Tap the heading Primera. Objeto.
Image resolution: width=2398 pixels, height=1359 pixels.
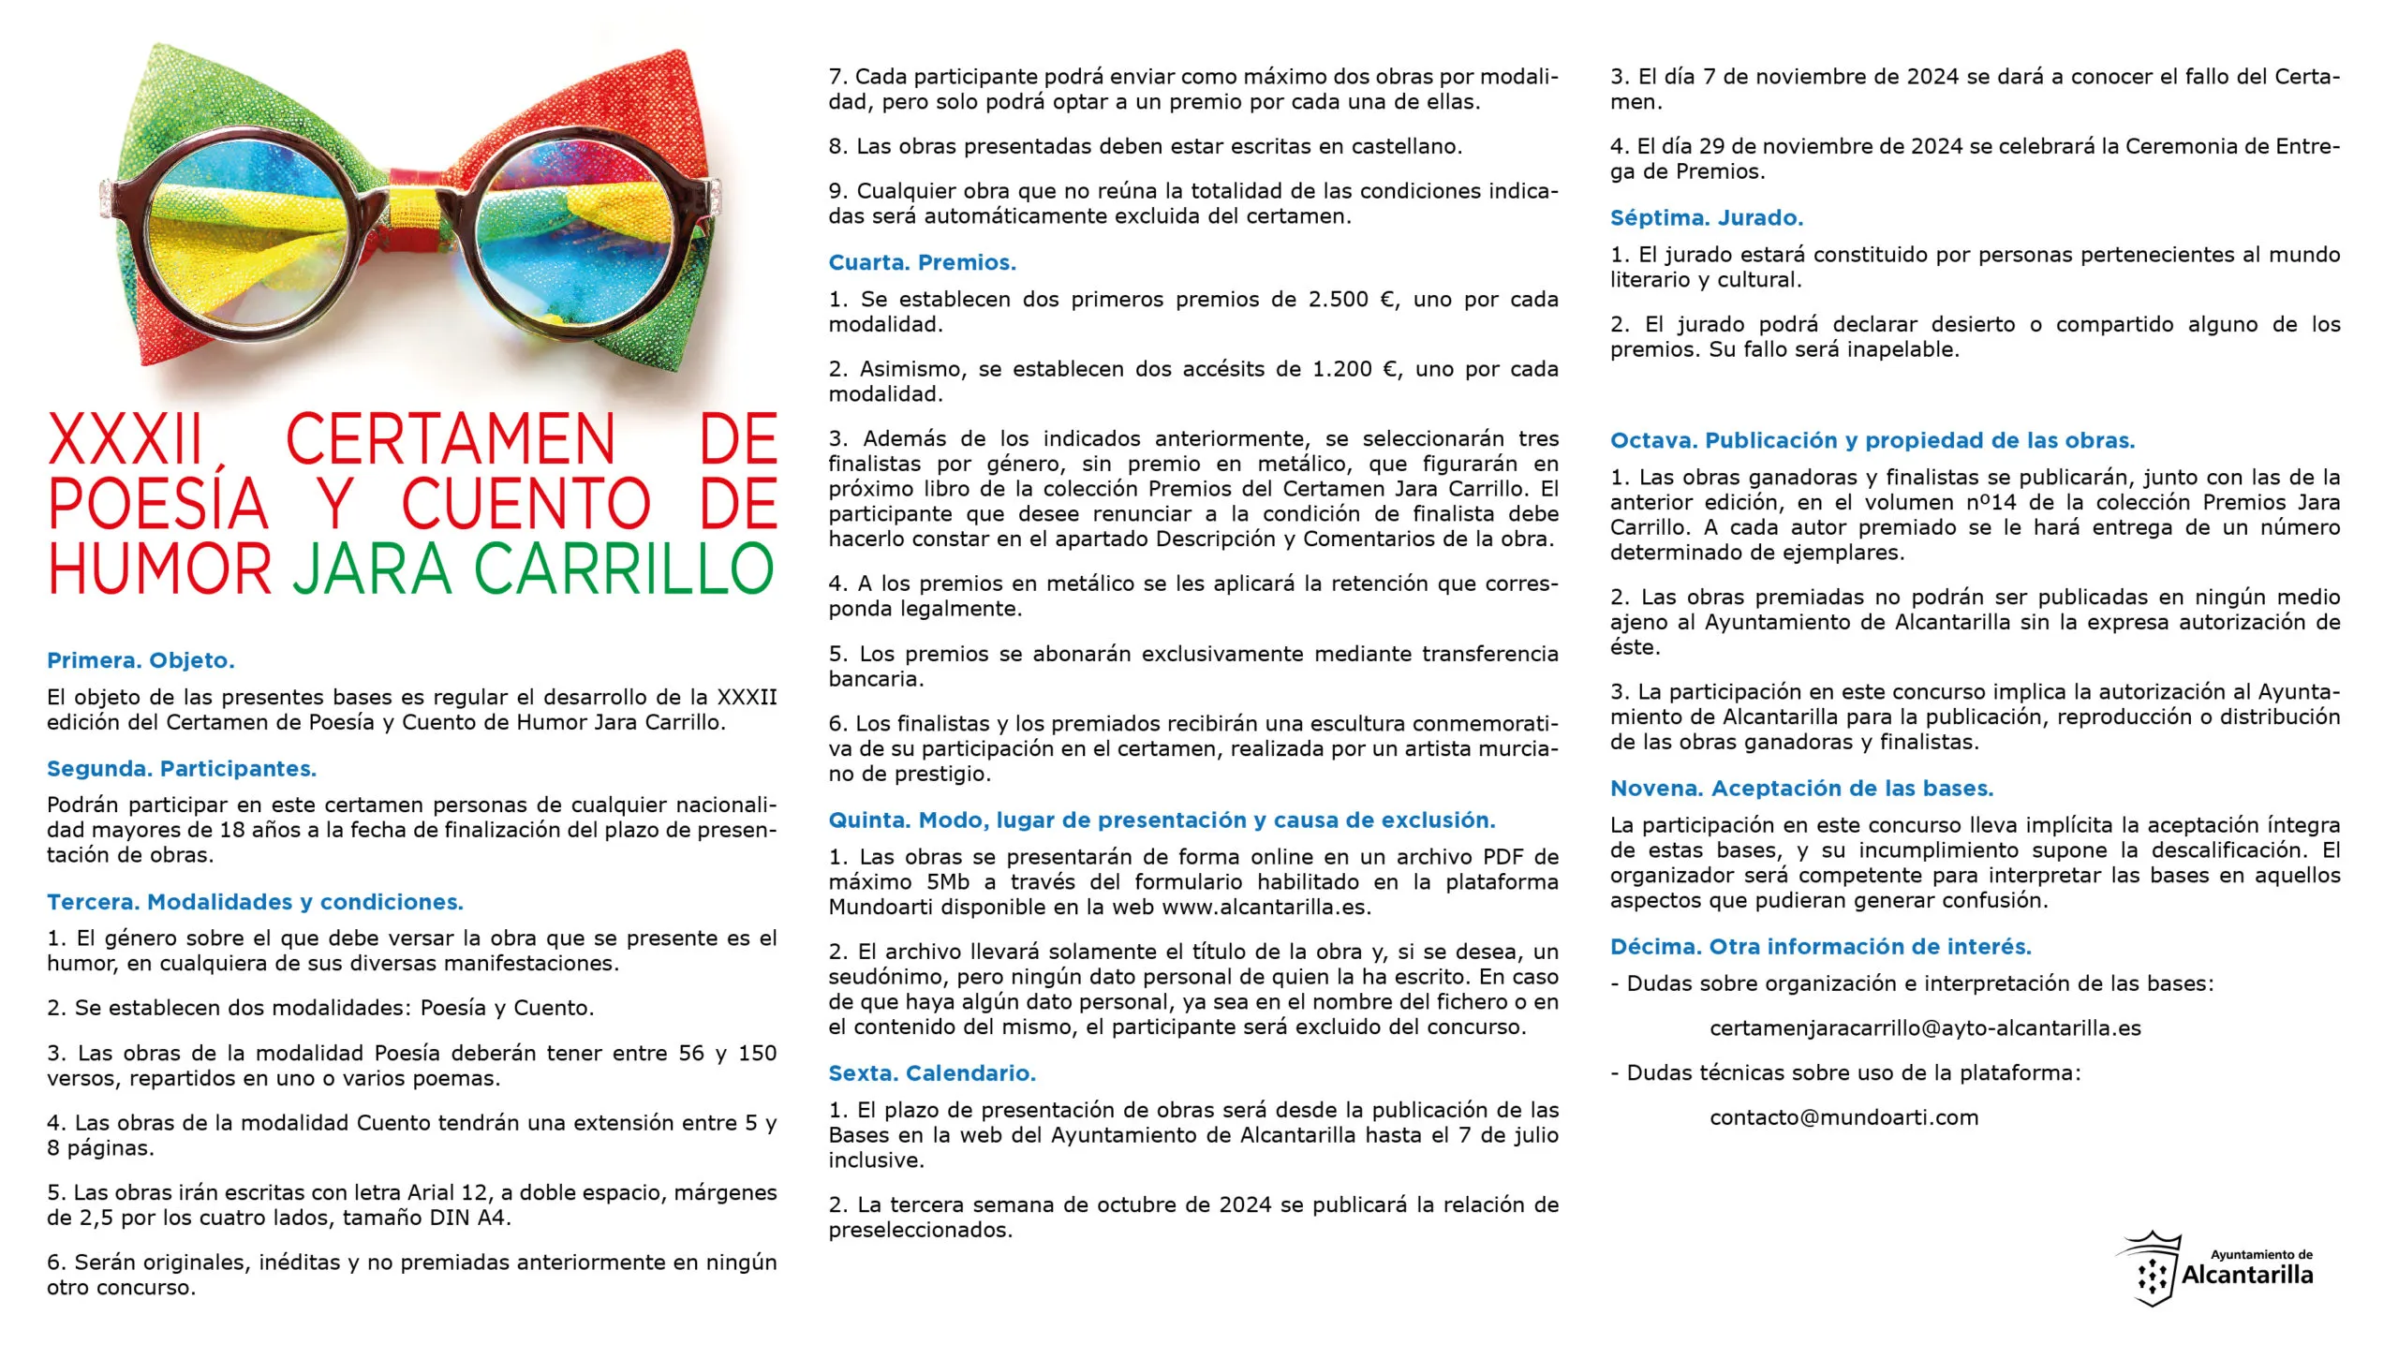(141, 660)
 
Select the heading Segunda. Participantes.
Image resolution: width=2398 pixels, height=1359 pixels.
(182, 769)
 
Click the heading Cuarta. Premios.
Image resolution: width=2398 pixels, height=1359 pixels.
(922, 263)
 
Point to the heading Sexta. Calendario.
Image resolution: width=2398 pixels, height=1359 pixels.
(931, 1073)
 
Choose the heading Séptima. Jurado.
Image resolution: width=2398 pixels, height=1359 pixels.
(1706, 218)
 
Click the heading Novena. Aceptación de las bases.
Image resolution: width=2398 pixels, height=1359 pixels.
(1801, 789)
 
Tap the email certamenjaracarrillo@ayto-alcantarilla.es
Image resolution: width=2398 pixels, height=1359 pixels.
(1925, 1028)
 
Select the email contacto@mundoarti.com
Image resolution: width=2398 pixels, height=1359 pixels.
(1843, 1117)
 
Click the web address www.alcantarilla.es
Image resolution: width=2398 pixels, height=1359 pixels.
(1266, 908)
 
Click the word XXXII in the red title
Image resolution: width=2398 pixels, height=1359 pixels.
(126, 439)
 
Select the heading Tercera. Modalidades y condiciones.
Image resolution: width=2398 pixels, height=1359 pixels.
(255, 902)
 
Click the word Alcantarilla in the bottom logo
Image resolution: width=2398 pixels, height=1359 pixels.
(2247, 1276)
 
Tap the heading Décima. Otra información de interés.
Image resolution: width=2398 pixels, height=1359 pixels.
(1820, 947)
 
